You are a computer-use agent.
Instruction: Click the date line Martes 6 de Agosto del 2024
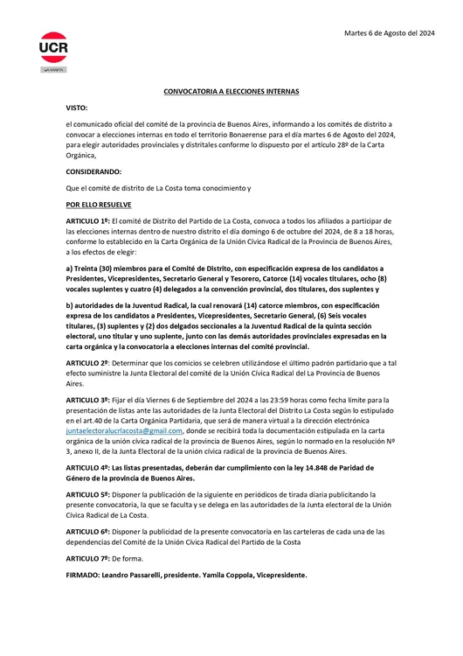click(x=389, y=33)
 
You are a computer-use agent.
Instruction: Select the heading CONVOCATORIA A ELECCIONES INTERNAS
click(x=231, y=91)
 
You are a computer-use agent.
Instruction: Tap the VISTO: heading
click(x=77, y=108)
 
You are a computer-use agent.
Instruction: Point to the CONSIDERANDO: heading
click(x=94, y=171)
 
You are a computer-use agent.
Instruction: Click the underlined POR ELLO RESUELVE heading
click(x=99, y=204)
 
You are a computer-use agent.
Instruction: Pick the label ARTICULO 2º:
click(x=88, y=361)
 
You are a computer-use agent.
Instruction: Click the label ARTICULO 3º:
click(x=88, y=399)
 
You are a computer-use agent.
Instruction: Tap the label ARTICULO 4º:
click(x=88, y=468)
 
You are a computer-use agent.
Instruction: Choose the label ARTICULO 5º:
click(x=88, y=494)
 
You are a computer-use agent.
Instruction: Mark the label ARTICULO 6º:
click(x=88, y=532)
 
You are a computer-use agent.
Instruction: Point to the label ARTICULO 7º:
click(x=88, y=558)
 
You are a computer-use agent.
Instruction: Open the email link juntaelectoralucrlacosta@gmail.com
click(x=124, y=430)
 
